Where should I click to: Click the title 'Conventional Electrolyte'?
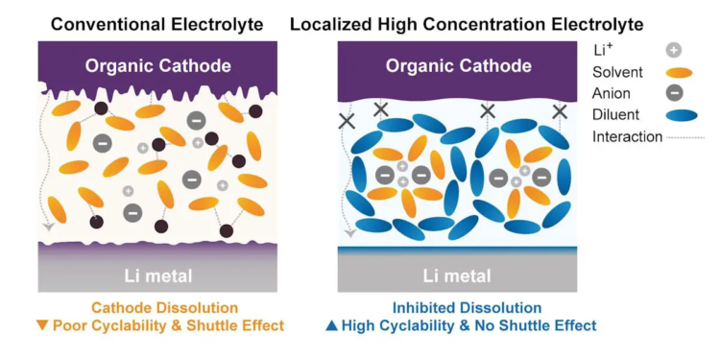click(x=158, y=22)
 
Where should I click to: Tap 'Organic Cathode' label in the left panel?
click(x=157, y=66)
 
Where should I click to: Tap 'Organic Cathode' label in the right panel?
click(x=458, y=66)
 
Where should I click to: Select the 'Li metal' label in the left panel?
click(x=158, y=276)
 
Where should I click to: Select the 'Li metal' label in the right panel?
click(x=458, y=276)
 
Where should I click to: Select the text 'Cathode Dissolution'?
click(x=164, y=308)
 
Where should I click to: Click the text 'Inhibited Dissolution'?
click(x=467, y=308)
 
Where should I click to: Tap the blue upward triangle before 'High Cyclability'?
click(x=331, y=326)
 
